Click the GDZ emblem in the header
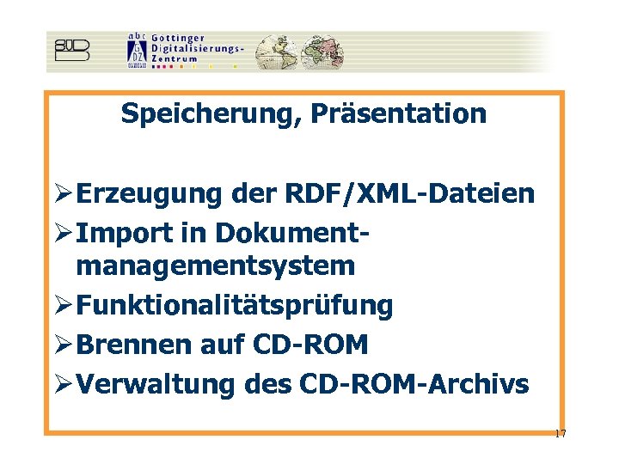(x=136, y=50)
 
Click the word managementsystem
(x=215, y=266)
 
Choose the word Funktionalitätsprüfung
(x=235, y=305)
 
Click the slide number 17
(x=560, y=434)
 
